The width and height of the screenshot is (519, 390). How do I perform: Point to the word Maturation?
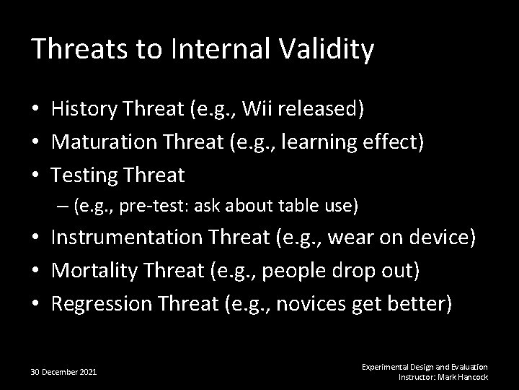102,142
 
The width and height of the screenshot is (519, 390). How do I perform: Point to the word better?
417,303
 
